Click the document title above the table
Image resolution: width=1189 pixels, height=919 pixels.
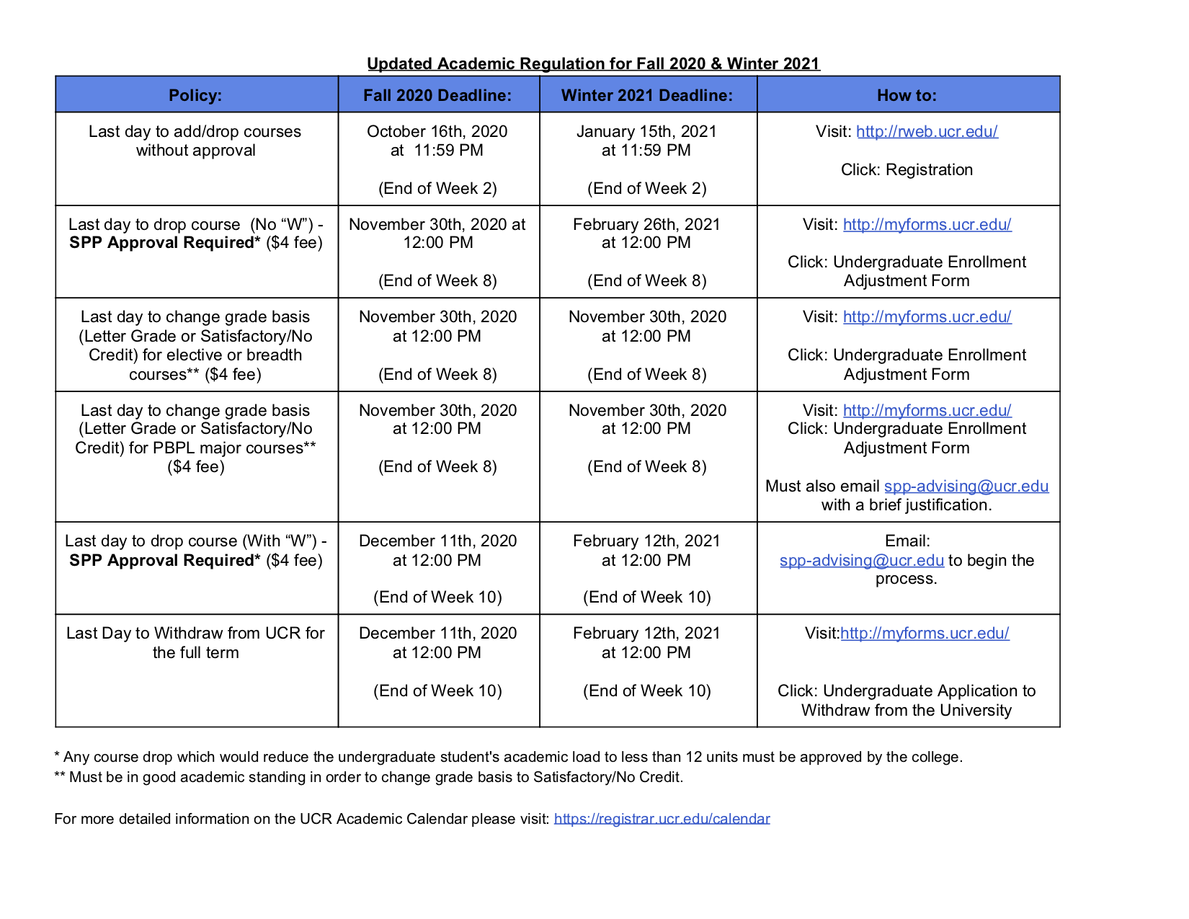pos(593,63)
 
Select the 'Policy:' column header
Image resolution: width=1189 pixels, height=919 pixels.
pos(195,95)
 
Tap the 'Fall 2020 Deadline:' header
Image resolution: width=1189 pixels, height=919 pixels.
pos(437,95)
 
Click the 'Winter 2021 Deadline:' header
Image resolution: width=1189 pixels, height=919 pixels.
pos(647,95)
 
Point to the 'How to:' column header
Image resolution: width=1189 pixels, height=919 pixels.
pos(907,95)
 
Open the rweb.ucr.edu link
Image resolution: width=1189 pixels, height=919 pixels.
pos(927,131)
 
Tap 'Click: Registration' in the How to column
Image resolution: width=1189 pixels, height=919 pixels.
pos(907,169)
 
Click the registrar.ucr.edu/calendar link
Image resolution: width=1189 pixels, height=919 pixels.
pos(662,819)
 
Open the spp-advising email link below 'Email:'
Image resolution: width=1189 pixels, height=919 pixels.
pos(861,560)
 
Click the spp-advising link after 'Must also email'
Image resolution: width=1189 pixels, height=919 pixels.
pos(966,486)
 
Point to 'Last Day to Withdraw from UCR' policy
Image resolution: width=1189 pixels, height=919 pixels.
pos(195,634)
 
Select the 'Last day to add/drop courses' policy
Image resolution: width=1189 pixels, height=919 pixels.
pos(195,131)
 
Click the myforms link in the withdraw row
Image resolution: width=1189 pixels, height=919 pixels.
pos(925,634)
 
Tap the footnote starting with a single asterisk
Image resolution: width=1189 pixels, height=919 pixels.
pos(508,757)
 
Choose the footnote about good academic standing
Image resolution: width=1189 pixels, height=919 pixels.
pos(368,777)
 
